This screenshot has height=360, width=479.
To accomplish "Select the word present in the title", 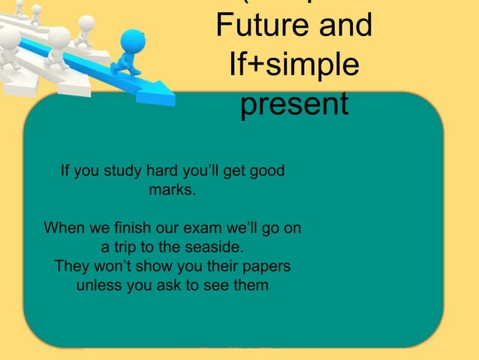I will (294, 104).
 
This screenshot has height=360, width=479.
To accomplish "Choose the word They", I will (73, 267).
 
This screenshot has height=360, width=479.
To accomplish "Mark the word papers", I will (267, 267).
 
